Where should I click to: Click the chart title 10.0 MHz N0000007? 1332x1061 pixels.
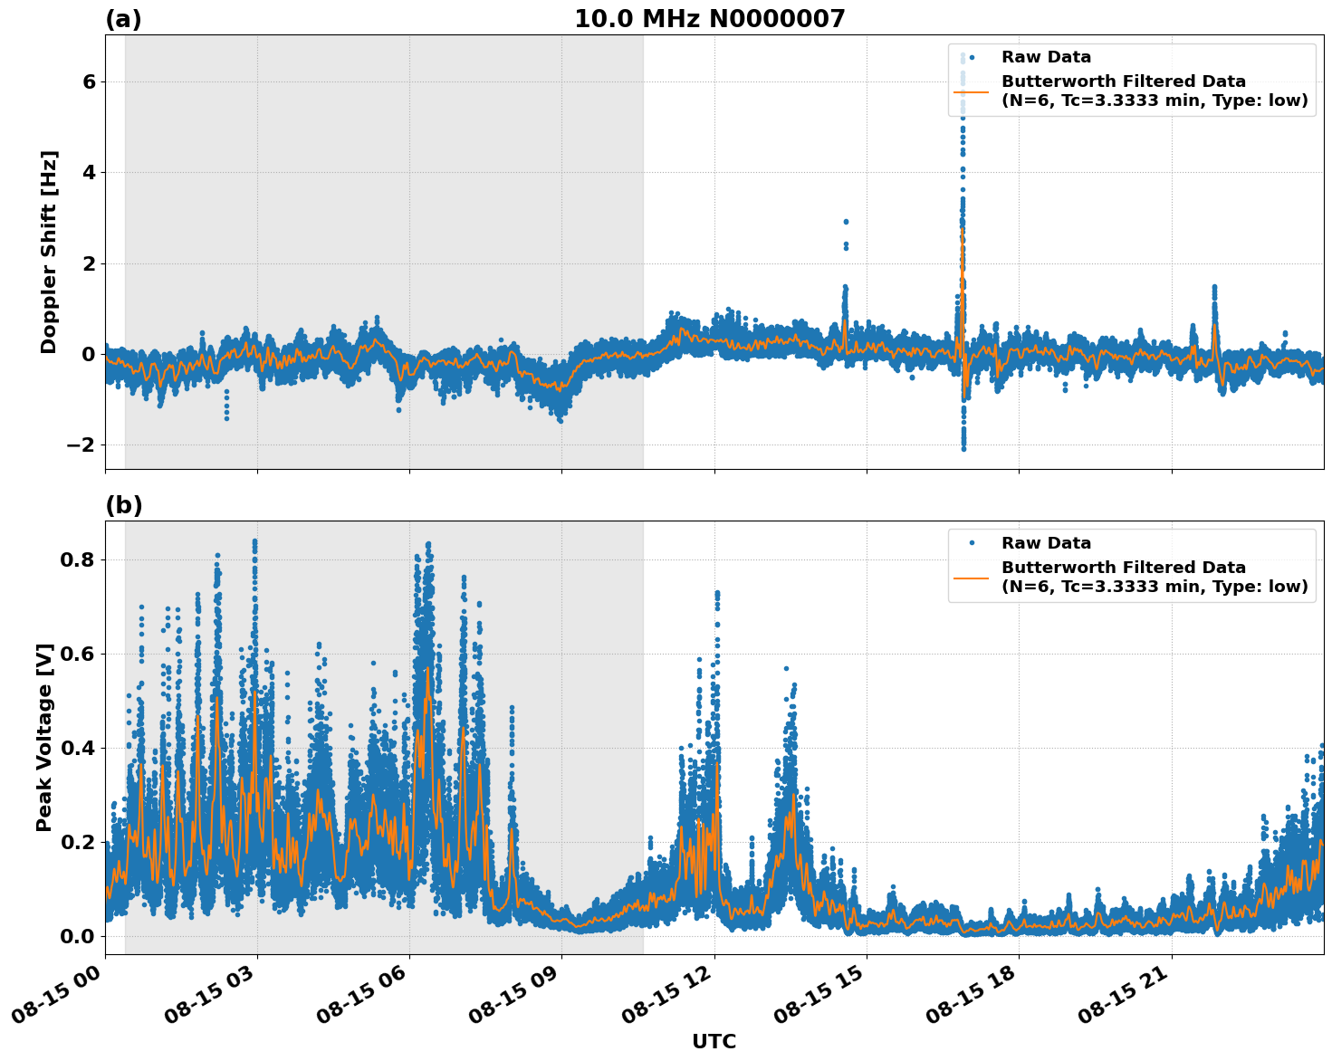709,19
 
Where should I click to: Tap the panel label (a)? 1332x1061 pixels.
123,19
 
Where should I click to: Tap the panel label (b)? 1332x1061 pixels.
123,506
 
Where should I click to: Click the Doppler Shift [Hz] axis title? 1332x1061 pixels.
49,252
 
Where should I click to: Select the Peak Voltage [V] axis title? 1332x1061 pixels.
44,737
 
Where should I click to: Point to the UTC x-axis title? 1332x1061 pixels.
714,1042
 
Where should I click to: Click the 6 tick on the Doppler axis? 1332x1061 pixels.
89,81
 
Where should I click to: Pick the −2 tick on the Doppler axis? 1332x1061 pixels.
81,444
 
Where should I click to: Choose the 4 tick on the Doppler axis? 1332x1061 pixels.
89,172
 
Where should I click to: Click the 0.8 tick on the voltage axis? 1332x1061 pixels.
79,559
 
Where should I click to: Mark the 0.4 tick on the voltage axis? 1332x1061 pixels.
79,748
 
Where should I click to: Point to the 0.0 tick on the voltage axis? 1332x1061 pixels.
79,936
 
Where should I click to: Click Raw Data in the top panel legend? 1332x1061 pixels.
1046,57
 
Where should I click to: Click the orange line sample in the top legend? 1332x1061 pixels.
973,91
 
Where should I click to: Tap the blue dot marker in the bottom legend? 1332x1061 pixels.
973,543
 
